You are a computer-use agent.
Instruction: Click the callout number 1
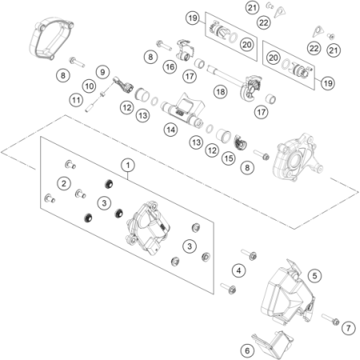[x=126, y=164]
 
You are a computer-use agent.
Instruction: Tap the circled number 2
[x=62, y=183]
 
